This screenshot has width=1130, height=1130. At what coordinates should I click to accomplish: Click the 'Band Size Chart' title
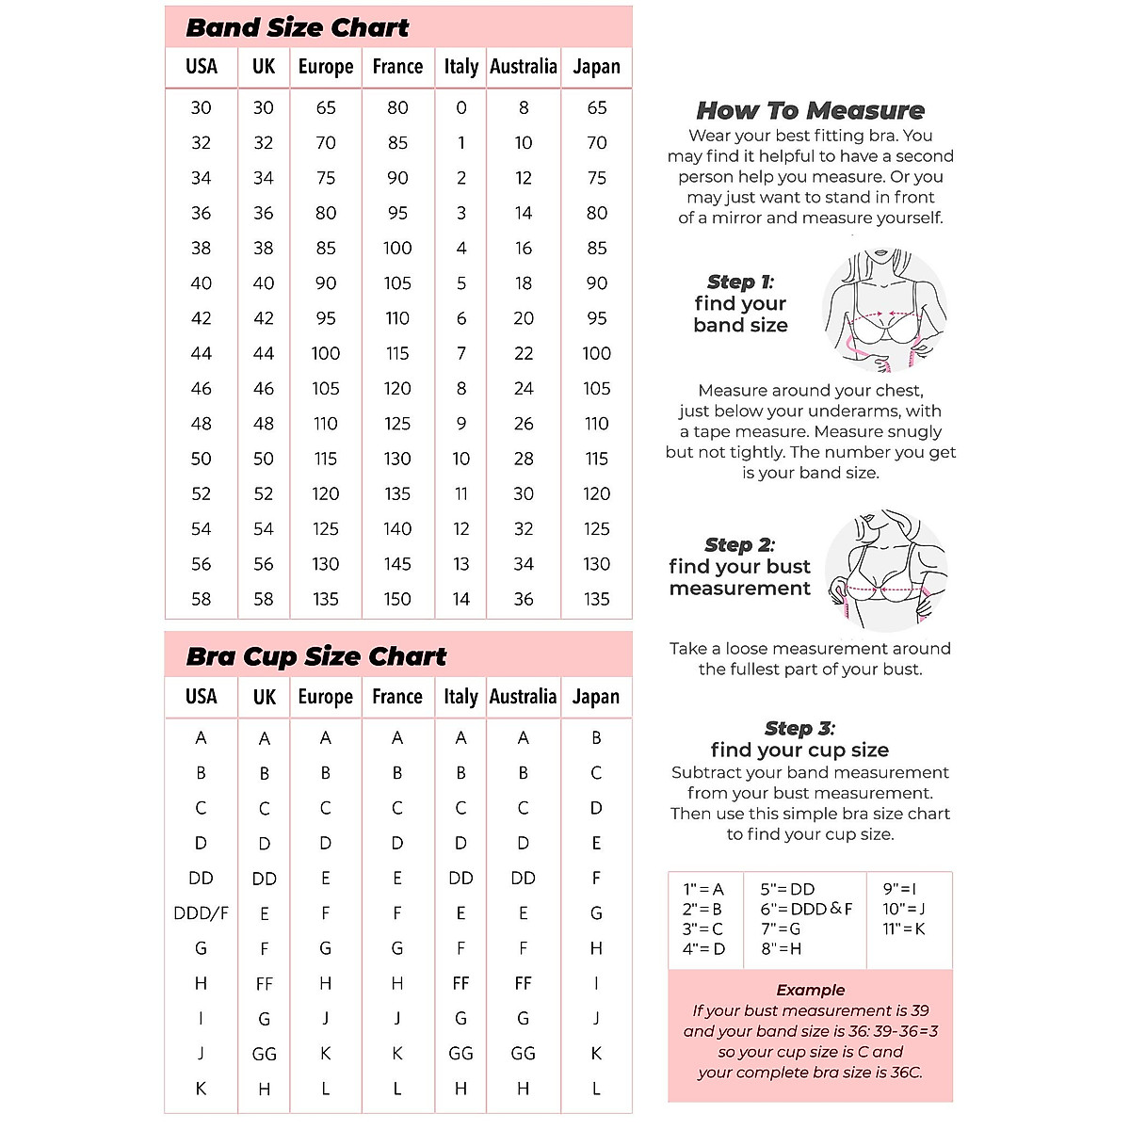coord(298,27)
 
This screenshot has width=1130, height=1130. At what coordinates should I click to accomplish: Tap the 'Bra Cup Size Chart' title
coord(316,656)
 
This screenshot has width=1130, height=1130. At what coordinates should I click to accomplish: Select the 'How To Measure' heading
coord(810,110)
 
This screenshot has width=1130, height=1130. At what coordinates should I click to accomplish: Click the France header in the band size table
coord(397,67)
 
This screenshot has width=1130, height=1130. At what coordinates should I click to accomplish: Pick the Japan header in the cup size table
coord(596,697)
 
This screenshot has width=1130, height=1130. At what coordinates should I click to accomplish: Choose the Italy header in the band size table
coord(461,67)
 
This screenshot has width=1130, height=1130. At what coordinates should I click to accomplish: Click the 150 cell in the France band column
coord(397,599)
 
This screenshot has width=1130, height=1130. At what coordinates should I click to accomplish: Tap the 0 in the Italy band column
coord(461,107)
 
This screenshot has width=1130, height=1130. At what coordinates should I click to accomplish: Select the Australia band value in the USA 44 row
coord(524,353)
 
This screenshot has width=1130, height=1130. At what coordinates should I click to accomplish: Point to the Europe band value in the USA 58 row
coord(326,599)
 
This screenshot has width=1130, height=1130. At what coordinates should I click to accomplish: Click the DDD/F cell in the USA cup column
coord(201,912)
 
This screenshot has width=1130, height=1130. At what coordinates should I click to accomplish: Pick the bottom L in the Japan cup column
coord(596,1089)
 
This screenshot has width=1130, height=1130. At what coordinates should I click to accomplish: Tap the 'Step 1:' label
coord(740,282)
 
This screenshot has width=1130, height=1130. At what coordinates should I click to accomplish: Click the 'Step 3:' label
coord(799,728)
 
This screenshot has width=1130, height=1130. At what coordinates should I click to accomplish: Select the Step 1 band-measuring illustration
coord(883,310)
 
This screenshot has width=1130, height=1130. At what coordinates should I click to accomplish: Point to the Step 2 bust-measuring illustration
coord(885,571)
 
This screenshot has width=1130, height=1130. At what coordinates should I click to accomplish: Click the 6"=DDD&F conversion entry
coord(806,909)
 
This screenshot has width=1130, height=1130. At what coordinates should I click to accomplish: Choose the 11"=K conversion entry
coord(904,928)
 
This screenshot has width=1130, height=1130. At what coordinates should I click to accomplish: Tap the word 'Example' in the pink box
coord(810,990)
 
